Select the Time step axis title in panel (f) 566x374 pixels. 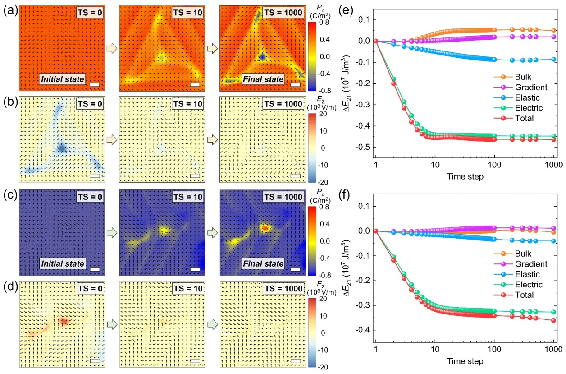464,361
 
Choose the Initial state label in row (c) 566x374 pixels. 61,263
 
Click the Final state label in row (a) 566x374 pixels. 263,79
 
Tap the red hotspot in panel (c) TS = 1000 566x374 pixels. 265,229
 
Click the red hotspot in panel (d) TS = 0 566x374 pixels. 64,321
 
